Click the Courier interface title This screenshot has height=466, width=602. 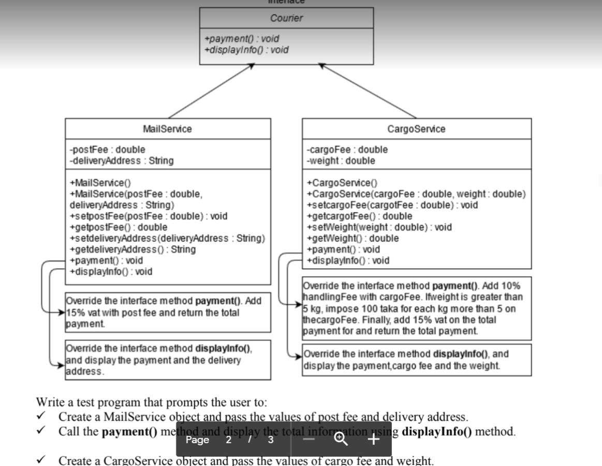[x=286, y=18]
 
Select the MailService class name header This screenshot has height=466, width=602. [x=167, y=129]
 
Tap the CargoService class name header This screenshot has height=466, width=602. [x=416, y=129]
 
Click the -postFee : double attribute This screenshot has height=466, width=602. [x=101, y=150]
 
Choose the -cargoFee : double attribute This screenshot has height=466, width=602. [x=347, y=150]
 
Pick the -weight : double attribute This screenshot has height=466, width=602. [x=341, y=161]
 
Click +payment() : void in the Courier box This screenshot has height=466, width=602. [x=242, y=39]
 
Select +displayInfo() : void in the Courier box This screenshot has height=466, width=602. [x=246, y=50]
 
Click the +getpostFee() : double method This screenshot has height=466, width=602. [x=118, y=227]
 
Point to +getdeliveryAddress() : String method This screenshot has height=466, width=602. [x=133, y=249]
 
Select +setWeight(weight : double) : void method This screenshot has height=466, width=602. [x=379, y=227]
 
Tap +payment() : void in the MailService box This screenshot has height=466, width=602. [x=106, y=260]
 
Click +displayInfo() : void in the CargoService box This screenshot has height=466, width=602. [x=348, y=261]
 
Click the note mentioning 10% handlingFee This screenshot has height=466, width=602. [x=416, y=308]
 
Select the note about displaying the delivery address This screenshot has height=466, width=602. [x=167, y=359]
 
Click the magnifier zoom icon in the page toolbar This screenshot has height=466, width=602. [x=341, y=440]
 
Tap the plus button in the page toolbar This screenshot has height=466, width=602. [x=374, y=440]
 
